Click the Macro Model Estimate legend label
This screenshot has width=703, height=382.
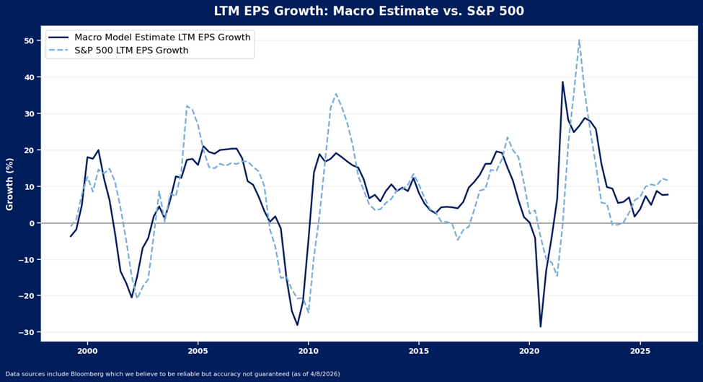162,38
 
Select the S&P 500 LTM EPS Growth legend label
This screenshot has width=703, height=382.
131,51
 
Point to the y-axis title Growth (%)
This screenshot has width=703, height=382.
10,183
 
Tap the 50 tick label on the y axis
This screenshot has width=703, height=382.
29,41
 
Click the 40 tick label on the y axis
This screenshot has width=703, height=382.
29,77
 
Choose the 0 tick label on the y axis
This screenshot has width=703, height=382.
32,223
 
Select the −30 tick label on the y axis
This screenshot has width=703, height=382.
26,332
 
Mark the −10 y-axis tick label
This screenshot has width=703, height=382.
26,260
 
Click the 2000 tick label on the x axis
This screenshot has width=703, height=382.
87,351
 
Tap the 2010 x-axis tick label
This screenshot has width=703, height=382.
309,351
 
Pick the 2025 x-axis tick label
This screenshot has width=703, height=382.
640,351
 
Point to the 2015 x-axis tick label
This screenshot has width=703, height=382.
419,351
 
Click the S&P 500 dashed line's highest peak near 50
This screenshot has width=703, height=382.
579,40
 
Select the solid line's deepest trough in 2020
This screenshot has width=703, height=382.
541,326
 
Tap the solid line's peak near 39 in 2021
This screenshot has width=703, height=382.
562,82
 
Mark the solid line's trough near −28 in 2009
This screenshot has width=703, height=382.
297,325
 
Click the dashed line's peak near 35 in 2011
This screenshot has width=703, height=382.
336,94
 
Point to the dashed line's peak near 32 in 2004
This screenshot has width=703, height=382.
187,106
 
